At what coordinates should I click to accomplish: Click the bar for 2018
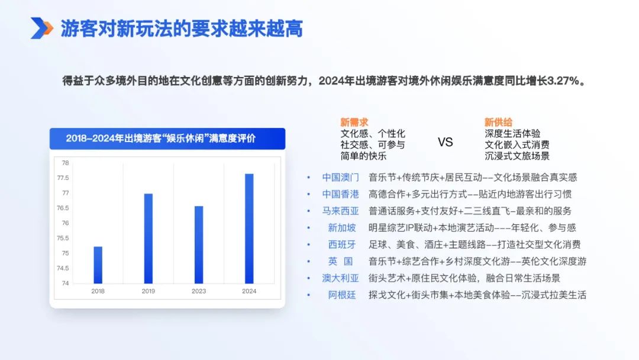(98, 265)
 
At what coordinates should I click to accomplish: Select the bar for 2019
(149, 239)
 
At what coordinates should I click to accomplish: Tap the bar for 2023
(199, 245)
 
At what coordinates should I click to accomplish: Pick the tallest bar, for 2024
(249, 229)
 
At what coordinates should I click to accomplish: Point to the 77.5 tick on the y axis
(63, 178)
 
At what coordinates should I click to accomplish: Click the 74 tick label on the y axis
(65, 284)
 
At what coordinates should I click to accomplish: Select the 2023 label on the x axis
(199, 291)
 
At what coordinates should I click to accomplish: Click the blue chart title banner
(167, 139)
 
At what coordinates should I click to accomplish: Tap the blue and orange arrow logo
(41, 28)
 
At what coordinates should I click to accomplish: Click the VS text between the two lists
(445, 142)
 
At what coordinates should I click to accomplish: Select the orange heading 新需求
(354, 122)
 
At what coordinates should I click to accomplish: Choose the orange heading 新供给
(498, 122)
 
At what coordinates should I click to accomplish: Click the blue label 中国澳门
(341, 178)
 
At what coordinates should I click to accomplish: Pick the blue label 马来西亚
(341, 211)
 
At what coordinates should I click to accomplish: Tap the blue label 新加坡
(342, 227)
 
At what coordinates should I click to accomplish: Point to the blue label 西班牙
(342, 245)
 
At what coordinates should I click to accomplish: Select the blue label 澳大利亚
(341, 278)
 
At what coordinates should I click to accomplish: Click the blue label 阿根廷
(342, 295)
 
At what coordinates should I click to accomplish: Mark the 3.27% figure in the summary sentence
(563, 81)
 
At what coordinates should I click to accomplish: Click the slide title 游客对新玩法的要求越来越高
(182, 28)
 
